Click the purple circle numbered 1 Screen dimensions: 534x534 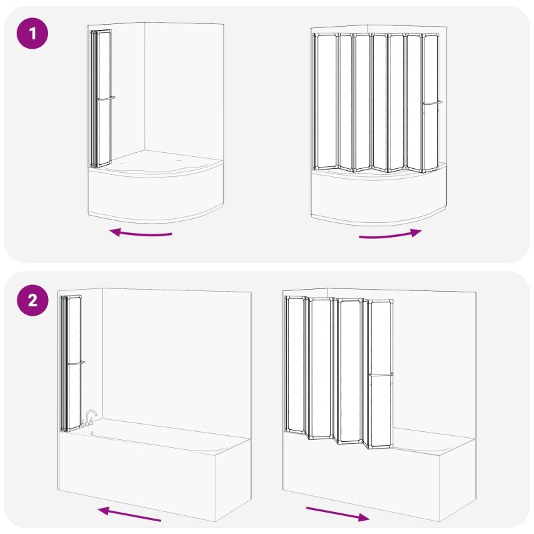tap(32, 33)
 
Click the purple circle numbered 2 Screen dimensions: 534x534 tap(32, 300)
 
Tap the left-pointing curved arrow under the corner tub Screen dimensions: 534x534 tap(141, 233)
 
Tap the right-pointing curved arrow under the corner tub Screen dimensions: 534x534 tap(390, 235)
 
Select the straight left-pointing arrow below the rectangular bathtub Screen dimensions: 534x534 tap(129, 514)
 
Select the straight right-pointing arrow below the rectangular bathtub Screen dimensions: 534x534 tap(338, 514)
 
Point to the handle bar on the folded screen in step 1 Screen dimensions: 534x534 tap(106, 98)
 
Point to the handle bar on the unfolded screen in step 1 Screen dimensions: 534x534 tap(432, 103)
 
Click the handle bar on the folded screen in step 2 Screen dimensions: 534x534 tap(76, 363)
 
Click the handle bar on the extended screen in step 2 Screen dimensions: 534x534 tap(380, 374)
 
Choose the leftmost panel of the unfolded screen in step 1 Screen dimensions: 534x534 tap(325, 101)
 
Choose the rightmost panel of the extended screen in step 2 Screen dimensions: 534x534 tap(380, 374)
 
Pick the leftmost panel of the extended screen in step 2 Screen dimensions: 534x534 tap(295, 364)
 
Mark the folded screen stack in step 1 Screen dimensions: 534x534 tap(101, 99)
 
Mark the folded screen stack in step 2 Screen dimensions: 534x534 tap(71, 364)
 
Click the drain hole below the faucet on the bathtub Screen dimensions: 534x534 tap(92, 433)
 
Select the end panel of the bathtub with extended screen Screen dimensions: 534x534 tap(457, 480)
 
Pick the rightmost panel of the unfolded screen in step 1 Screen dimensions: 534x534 tap(431, 103)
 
